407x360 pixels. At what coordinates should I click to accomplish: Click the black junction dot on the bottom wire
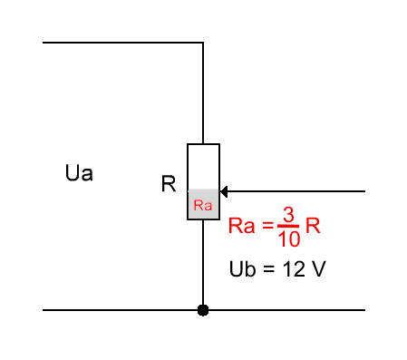pos(203,310)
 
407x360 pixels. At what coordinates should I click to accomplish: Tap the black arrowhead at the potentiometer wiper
pos(224,191)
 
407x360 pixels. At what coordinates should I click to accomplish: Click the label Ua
pos(79,173)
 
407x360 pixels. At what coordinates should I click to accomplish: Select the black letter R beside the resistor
pos(169,183)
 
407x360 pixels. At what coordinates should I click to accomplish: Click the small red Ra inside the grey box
pos(203,205)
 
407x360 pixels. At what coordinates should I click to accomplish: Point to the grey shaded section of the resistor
pos(203,204)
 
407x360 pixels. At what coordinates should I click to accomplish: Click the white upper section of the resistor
pos(203,167)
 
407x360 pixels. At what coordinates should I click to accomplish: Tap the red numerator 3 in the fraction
pos(288,215)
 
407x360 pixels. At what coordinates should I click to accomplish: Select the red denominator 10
pos(289,239)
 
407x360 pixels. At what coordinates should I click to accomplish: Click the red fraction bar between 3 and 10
pos(288,226)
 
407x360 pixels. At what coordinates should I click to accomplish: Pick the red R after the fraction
pos(313,226)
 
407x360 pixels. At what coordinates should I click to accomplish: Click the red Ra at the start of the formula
pos(241,226)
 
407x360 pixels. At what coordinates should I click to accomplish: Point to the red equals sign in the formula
pos(267,225)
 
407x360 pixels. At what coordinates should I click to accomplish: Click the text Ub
pos(243,268)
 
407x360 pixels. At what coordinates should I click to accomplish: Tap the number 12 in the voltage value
pos(294,269)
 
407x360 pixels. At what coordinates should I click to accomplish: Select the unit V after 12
pos(318,269)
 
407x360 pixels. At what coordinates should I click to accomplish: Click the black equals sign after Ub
pos(268,269)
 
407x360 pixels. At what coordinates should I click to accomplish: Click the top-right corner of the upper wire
pos(203,43)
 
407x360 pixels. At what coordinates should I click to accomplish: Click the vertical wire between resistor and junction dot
pos(203,262)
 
